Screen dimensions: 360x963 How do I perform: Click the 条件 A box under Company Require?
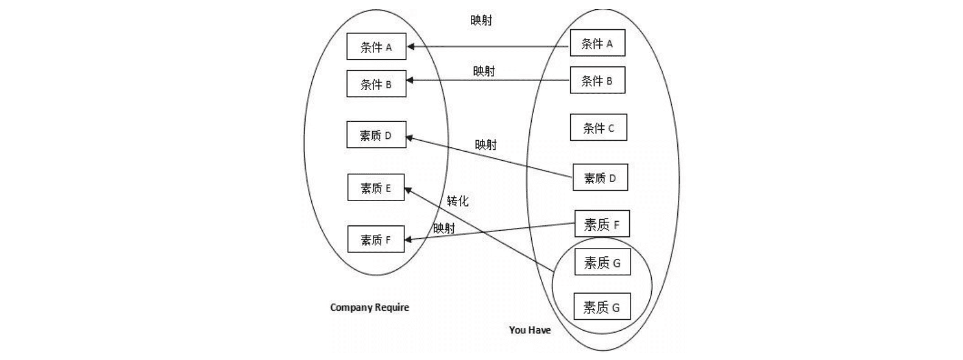coord(376,47)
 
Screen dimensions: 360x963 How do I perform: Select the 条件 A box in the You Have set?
coord(597,43)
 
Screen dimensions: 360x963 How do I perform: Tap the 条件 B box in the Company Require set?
coord(376,84)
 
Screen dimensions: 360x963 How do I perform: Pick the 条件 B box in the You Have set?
coord(597,80)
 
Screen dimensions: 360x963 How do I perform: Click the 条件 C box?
coord(598,128)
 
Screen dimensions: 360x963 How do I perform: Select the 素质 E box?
coord(376,188)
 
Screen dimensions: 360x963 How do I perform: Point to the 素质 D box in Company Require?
coord(376,135)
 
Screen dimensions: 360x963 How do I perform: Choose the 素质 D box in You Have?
coord(600,178)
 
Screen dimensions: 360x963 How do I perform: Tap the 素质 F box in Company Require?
coord(376,239)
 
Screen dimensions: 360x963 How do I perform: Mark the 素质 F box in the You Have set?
coord(601,225)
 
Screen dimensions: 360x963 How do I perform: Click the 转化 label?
coord(457,200)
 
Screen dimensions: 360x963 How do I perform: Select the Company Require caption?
coord(370,307)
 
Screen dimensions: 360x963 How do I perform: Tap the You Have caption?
coord(530,330)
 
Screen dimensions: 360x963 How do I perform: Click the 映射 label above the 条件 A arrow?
coord(481,20)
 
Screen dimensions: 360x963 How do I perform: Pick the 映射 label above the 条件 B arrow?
coord(484,71)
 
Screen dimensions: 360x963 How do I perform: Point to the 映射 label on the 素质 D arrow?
coord(485,145)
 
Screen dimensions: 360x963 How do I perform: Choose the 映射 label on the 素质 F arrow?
coord(444,228)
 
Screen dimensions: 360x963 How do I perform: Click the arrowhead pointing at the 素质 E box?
coord(409,190)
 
